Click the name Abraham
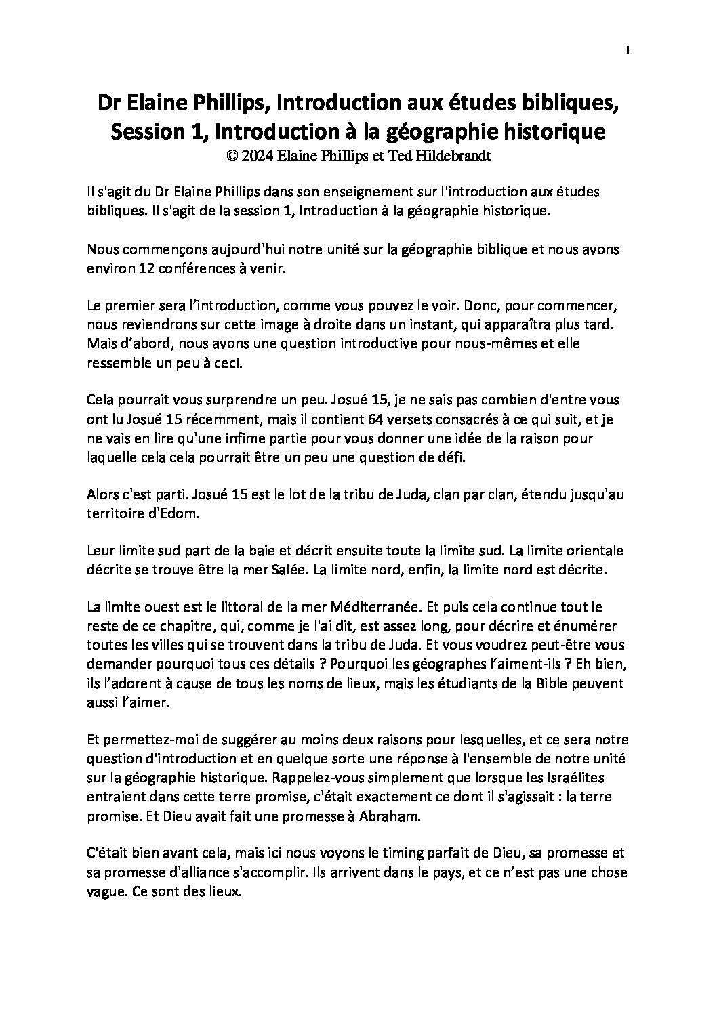coord(391,817)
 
